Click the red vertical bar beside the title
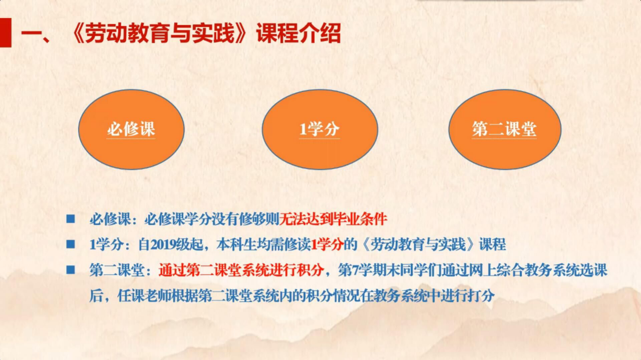click(6, 33)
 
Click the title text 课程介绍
click(298, 34)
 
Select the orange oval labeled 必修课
click(131, 129)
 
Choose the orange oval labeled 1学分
click(320, 129)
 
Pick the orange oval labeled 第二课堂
click(505, 129)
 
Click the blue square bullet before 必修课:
click(71, 219)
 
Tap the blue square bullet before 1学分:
click(71, 244)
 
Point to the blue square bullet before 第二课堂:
click(71, 269)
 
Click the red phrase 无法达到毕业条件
click(333, 219)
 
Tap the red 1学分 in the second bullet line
click(327, 245)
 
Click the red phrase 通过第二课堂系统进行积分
click(241, 270)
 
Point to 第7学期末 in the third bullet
click(366, 270)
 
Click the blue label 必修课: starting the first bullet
click(114, 219)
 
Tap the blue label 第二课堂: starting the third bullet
click(120, 270)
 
